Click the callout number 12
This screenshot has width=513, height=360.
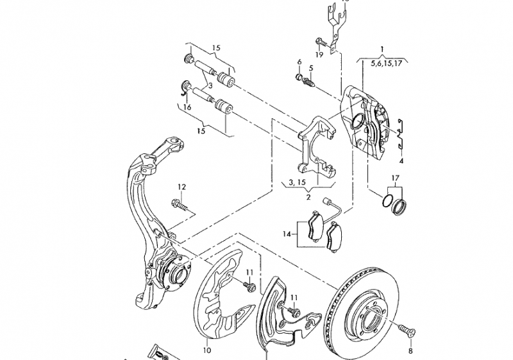(182, 187)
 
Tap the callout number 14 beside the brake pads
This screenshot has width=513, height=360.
(287, 234)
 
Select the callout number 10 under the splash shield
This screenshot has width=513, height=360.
(206, 350)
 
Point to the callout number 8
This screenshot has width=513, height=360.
(410, 351)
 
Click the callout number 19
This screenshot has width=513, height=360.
(319, 55)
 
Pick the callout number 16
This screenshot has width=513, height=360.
(187, 107)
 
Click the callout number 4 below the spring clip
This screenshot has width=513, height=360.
(401, 160)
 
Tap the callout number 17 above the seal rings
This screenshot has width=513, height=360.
(396, 178)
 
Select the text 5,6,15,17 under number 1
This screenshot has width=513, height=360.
(386, 64)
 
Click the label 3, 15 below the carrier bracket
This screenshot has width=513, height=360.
(297, 182)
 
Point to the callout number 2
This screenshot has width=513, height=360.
(308, 198)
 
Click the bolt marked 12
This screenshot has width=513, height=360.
(180, 205)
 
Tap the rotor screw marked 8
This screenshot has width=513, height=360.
(407, 329)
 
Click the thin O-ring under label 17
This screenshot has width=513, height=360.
(387, 200)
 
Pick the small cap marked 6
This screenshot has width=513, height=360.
(299, 77)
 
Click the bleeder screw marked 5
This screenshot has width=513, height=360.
(309, 81)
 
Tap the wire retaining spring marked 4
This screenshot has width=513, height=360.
(400, 134)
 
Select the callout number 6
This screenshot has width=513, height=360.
(299, 62)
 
